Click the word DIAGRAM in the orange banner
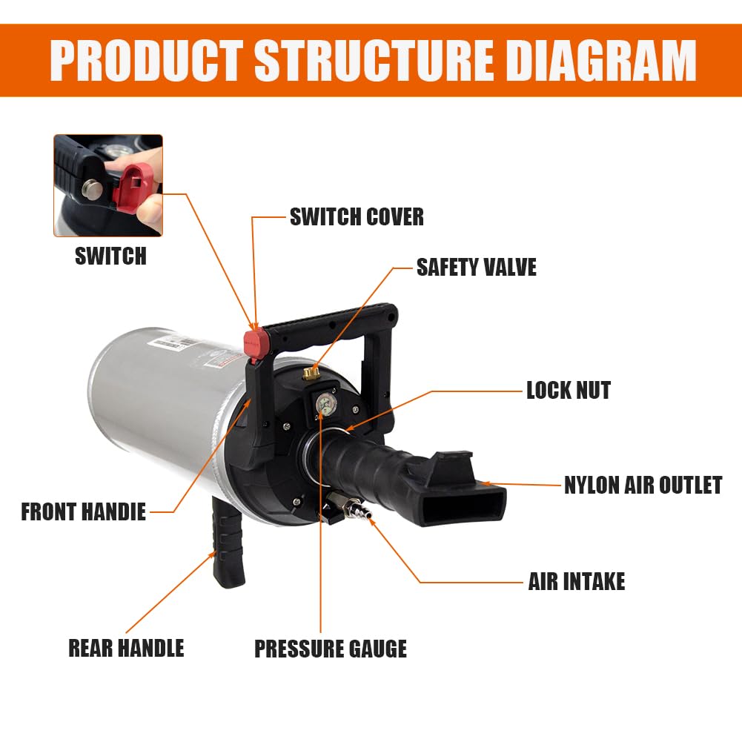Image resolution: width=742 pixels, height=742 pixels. (x=601, y=60)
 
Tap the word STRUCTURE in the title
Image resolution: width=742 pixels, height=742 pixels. (x=374, y=60)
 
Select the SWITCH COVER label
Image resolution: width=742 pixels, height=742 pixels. (x=357, y=216)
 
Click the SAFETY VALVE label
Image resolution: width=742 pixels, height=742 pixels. (x=476, y=267)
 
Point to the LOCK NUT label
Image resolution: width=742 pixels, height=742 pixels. (x=569, y=391)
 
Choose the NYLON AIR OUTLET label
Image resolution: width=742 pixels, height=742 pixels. (x=643, y=485)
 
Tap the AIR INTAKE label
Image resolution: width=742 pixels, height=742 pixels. (x=577, y=581)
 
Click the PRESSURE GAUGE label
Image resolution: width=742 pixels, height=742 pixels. (x=331, y=649)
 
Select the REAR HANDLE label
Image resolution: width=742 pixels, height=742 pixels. (x=126, y=648)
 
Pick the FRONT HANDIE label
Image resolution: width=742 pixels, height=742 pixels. (x=83, y=511)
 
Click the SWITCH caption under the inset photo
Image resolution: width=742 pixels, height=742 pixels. (x=110, y=256)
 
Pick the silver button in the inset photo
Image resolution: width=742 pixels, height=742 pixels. (x=92, y=189)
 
